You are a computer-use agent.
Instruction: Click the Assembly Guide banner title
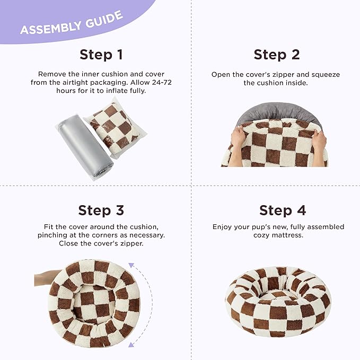tap(72, 23)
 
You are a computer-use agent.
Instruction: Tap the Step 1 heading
tap(101, 55)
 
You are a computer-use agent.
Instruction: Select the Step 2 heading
tap(277, 55)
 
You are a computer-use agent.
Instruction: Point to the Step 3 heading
tap(101, 211)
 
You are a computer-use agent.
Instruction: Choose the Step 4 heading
tap(283, 211)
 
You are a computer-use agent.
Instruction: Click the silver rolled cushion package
tap(85, 147)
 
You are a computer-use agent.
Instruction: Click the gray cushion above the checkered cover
tap(278, 113)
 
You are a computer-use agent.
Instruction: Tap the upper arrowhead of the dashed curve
tap(131, 265)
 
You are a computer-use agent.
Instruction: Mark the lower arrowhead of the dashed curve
tap(131, 345)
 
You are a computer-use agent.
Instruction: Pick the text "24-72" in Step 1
tap(162, 82)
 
